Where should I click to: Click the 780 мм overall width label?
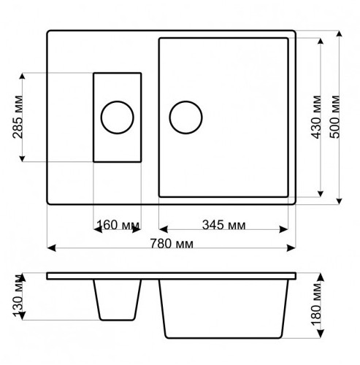[172, 244]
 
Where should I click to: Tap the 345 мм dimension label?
[223, 225]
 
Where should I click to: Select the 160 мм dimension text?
[118, 225]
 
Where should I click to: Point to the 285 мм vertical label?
[18, 117]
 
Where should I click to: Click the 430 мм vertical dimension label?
[317, 117]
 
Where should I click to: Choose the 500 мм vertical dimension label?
[335, 117]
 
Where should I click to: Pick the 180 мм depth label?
[317, 304]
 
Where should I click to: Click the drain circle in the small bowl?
[118, 101]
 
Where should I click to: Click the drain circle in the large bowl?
[185, 101]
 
